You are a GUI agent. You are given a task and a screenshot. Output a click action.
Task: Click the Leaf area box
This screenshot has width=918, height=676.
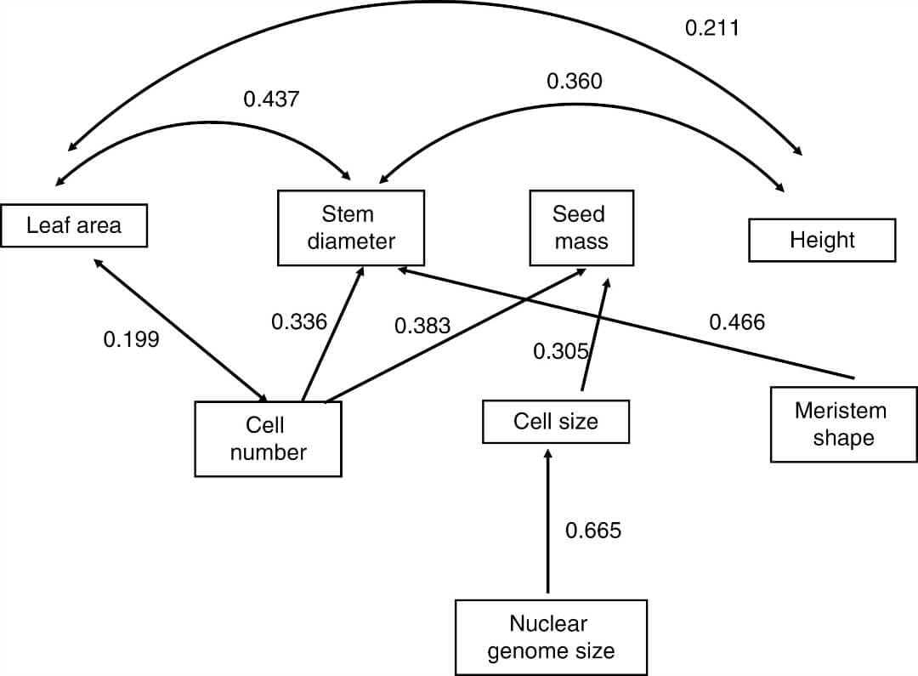[74, 225]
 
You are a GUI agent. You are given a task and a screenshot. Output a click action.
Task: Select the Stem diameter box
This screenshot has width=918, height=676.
[350, 227]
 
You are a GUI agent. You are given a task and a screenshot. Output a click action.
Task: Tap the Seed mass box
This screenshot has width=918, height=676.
[581, 227]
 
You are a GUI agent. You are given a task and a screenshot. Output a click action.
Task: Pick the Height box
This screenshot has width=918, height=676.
[821, 240]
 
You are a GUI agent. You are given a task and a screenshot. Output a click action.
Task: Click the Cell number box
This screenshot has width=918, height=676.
[268, 439]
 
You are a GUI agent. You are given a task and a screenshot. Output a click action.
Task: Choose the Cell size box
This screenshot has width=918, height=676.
[555, 422]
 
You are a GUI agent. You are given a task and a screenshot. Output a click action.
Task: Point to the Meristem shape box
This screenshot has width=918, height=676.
[842, 424]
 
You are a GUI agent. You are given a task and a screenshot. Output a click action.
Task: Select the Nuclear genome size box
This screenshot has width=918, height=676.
[549, 638]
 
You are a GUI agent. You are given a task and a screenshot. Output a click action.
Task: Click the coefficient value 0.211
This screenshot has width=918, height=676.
[712, 28]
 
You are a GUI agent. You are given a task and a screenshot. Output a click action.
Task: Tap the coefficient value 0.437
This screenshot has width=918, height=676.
[271, 99]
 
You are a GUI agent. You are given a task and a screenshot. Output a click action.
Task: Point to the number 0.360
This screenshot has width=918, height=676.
[574, 82]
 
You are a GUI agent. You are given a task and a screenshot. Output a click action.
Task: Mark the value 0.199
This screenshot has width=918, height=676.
[131, 340]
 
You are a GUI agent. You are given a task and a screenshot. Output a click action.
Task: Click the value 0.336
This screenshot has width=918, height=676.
[298, 321]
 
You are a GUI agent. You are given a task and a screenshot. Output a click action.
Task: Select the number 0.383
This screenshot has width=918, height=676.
[422, 326]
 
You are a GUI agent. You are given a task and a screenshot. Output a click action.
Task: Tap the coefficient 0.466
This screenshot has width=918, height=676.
[736, 321]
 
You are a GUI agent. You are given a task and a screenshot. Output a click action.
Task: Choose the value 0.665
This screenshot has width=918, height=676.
[593, 531]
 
